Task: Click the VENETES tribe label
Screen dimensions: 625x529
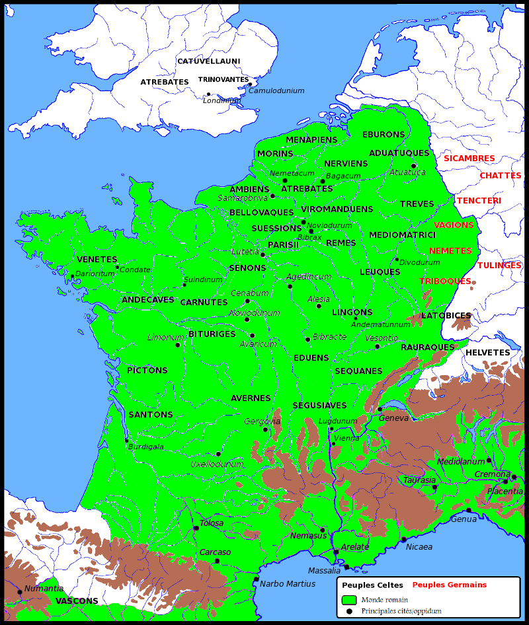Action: pos(97,260)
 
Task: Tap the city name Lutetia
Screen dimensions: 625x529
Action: pos(245,252)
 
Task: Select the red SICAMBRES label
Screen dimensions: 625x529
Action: pos(469,159)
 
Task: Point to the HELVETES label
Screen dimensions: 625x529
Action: pos(487,353)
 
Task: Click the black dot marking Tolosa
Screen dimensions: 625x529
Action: pos(196,528)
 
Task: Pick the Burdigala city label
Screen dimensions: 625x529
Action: pos(146,447)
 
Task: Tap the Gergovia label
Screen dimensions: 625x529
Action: pos(263,422)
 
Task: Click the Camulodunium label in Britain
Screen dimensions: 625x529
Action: pos(276,91)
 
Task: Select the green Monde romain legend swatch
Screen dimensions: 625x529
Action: pos(350,599)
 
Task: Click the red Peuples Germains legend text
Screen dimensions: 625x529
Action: pos(449,585)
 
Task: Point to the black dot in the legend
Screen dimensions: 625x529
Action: pos(349,612)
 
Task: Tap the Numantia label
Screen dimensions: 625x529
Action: pos(44,589)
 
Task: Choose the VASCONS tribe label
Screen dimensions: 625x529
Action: pos(77,601)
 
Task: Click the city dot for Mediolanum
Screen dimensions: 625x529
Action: pos(489,460)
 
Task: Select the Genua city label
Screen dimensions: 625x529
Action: pos(464,519)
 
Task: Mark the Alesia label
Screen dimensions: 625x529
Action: pos(319,299)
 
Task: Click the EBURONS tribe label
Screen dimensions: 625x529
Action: pos(384,135)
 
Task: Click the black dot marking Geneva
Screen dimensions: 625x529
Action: pos(380,409)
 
